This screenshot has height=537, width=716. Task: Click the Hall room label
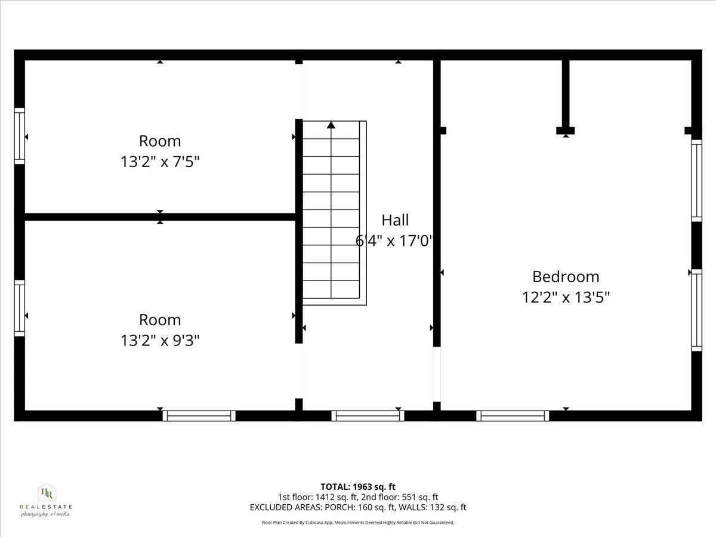pos(395,220)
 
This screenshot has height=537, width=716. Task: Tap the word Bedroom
pos(566,277)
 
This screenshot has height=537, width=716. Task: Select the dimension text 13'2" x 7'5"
pos(160,162)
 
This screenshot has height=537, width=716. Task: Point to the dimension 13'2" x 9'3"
pos(160,341)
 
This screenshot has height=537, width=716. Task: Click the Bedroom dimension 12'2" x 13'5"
pos(566,297)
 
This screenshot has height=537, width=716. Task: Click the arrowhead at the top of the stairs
pos(331,125)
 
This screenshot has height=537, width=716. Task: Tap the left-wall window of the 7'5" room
pos(20,136)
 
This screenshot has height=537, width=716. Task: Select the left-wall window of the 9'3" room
pos(20,308)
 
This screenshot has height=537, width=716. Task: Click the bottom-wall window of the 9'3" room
pos(199,416)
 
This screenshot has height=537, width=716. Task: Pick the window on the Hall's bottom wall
pos(368,416)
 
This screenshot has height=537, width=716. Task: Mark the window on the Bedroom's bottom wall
pos(513,416)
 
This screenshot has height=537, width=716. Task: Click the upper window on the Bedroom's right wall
pos(696,180)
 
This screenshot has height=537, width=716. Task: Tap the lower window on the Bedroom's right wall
pos(696,310)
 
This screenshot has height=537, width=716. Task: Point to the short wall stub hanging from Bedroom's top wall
pos(565,95)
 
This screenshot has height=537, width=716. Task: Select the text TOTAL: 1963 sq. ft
pos(358,487)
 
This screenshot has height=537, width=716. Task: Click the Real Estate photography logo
pos(46,500)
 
